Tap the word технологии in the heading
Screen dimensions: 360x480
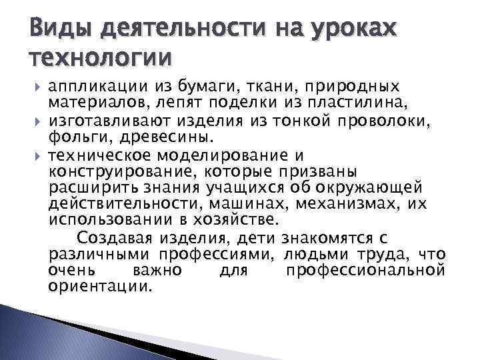tap(100, 59)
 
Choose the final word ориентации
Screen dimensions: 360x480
tap(101, 287)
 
